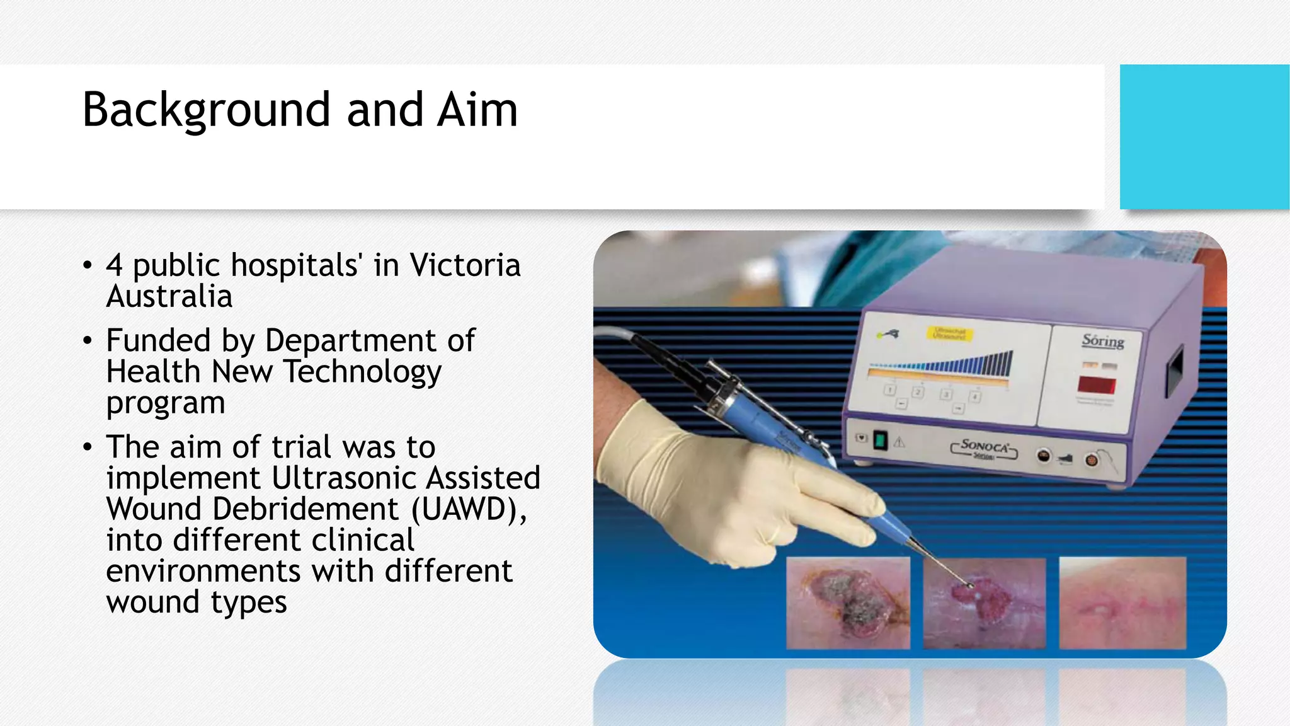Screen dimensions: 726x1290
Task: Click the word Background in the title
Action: tap(207, 110)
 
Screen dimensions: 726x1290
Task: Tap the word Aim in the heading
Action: tap(477, 110)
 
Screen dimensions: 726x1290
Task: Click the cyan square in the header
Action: tap(1204, 136)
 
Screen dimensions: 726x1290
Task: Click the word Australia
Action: tap(169, 296)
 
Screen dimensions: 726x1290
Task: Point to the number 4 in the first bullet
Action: tap(114, 265)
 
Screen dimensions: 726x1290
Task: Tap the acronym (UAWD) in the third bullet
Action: tap(469, 509)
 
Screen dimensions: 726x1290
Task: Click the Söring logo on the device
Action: tap(1103, 341)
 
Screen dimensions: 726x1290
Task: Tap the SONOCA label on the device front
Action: tap(985, 447)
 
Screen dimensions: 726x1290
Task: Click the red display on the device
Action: tap(1097, 384)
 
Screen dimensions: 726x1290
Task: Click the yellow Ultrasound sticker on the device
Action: tap(949, 333)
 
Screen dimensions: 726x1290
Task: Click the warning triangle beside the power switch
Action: tap(899, 442)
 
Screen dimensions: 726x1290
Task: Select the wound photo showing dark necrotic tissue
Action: tap(848, 603)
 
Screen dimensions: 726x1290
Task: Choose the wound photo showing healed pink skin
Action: tap(1122, 603)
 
